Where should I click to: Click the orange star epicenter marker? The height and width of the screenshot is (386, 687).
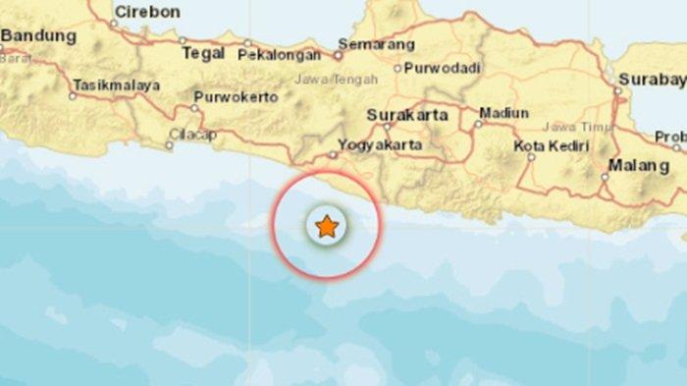(326, 228)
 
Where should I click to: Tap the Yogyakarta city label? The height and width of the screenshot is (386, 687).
(380, 145)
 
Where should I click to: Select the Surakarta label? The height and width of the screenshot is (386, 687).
(407, 115)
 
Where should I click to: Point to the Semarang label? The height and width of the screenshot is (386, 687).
(376, 44)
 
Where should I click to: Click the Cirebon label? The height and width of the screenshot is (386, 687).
(147, 12)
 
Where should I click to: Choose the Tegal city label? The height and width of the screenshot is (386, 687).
(203, 54)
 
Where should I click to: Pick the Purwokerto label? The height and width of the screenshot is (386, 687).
(235, 97)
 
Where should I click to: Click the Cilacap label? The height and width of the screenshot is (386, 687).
(191, 135)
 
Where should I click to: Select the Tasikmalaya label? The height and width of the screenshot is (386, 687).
(116, 85)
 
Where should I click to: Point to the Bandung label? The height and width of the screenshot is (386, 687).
(39, 36)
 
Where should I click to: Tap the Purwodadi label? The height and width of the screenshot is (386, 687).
(444, 69)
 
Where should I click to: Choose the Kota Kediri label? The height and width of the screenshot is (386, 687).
(552, 146)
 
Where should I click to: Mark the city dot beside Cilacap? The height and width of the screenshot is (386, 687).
(169, 145)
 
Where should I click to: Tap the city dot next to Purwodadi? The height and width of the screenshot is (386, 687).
(397, 69)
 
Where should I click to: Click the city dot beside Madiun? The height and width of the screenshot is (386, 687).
(478, 124)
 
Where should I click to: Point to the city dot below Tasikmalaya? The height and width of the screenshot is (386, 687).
(73, 96)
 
